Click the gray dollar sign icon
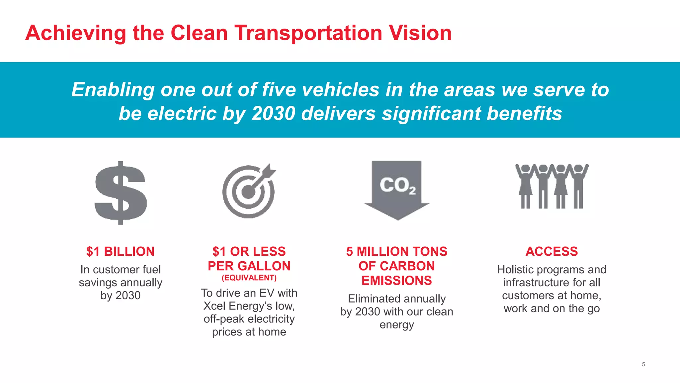[x=121, y=193]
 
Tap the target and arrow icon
[x=249, y=192]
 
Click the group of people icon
[x=552, y=186]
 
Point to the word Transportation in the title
[x=308, y=33]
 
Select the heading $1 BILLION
[x=121, y=251]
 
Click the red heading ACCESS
[x=552, y=251]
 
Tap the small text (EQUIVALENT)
[x=249, y=278]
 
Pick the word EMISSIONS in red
[x=397, y=281]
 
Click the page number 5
[x=643, y=364]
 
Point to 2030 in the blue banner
[x=273, y=113]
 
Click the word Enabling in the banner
[x=113, y=90]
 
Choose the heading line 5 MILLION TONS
[x=397, y=251]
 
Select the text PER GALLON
[x=249, y=266]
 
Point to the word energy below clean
[x=397, y=324]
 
